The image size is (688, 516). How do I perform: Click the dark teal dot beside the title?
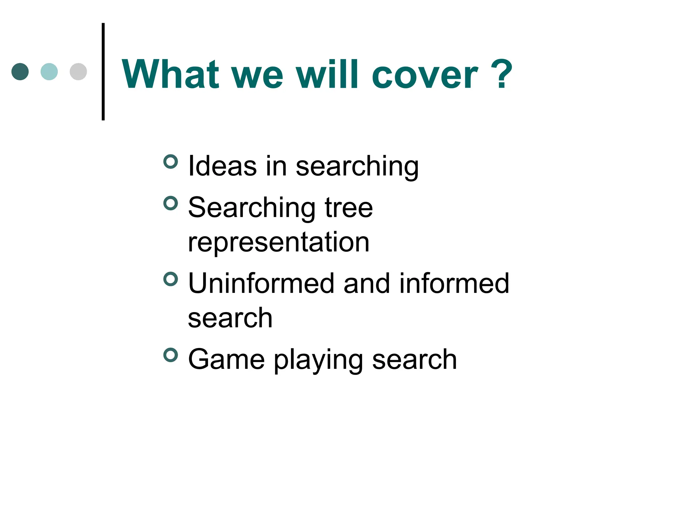click(x=20, y=72)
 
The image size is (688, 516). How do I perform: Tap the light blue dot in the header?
click(x=49, y=72)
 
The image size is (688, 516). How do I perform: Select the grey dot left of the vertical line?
click(x=78, y=72)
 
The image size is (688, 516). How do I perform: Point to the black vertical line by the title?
click(x=103, y=71)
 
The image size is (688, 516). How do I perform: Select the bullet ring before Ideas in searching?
click(x=171, y=162)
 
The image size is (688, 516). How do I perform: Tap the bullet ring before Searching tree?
click(x=171, y=203)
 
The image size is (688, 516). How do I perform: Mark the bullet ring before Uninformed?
click(x=171, y=279)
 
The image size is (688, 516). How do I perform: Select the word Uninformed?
click(x=261, y=284)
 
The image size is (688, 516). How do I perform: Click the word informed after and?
click(x=454, y=284)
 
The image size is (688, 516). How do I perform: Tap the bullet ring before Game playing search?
click(x=171, y=355)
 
